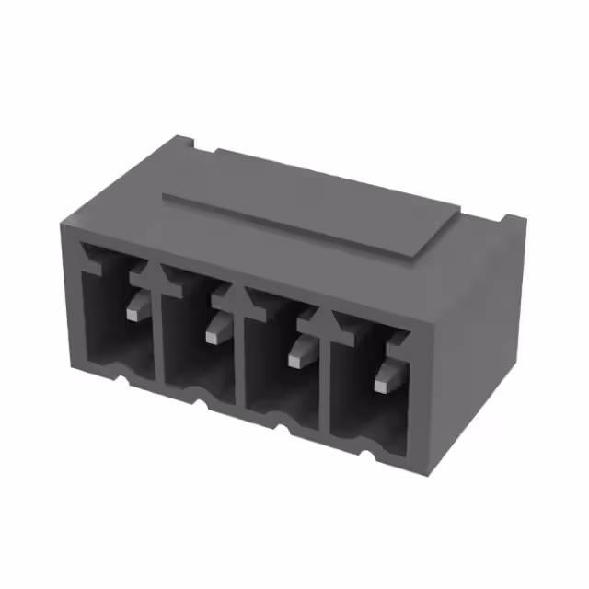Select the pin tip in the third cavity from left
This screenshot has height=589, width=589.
click(297, 359)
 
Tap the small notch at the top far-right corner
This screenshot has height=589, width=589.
click(509, 220)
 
